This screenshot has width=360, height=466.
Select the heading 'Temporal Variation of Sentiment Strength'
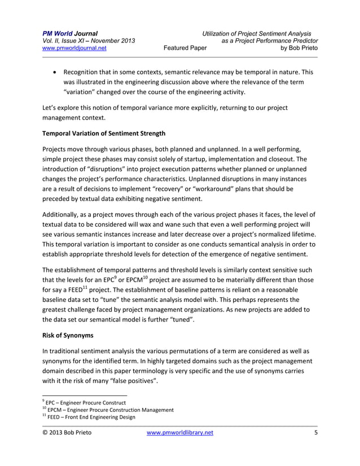coord(104,133)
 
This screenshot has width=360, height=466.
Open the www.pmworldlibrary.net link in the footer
coord(180,433)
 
